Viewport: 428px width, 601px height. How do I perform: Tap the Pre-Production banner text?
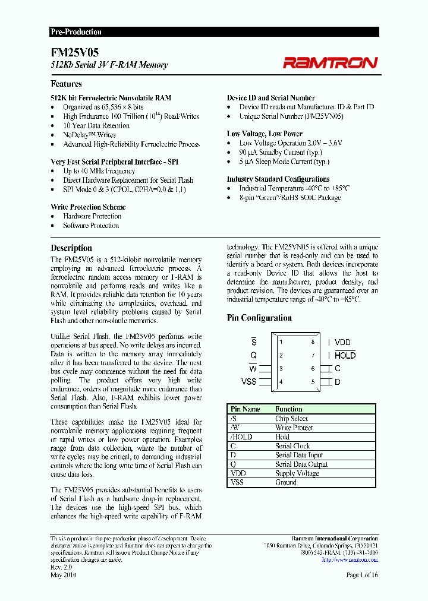(x=75, y=32)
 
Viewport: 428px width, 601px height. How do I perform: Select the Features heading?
(x=66, y=84)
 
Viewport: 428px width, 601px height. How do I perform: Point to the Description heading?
(x=71, y=248)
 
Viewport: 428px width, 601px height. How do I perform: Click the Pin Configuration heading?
(x=259, y=318)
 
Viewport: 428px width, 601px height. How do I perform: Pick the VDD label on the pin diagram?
(x=342, y=342)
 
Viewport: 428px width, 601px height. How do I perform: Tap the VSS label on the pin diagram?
(x=249, y=381)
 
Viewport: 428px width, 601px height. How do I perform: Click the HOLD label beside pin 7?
(x=345, y=355)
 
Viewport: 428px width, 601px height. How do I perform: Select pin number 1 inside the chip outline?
(x=281, y=342)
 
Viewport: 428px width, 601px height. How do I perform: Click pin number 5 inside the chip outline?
(x=313, y=381)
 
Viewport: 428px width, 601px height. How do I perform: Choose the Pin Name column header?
(x=245, y=409)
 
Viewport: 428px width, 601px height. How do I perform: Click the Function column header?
(x=289, y=409)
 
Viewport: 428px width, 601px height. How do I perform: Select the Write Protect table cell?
(x=294, y=428)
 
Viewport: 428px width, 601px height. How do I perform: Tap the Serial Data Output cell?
(x=301, y=464)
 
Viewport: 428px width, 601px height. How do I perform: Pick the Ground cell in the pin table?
(x=285, y=483)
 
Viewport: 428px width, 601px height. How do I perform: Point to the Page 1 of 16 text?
(x=361, y=575)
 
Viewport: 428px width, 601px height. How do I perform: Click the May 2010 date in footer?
(x=64, y=575)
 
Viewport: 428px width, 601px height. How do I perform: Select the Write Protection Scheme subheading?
(x=88, y=207)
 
